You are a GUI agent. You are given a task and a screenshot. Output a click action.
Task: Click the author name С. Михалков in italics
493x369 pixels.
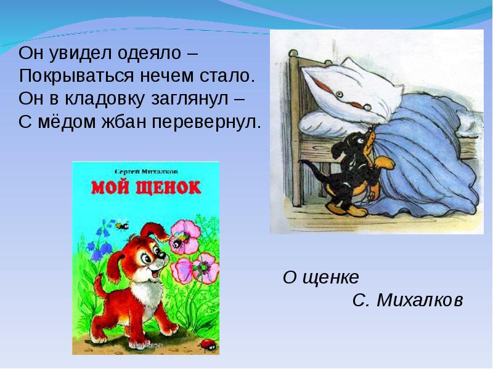pyautogui.click(x=407, y=300)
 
